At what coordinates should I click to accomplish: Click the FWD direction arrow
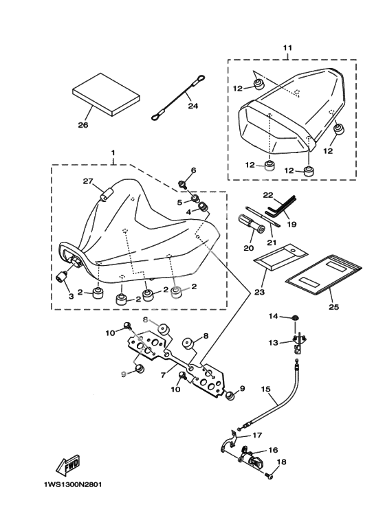68,463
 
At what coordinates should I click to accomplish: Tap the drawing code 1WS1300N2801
72,484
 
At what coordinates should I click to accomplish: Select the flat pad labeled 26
106,94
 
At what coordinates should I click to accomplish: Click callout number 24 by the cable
192,106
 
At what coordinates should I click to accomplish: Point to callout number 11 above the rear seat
287,48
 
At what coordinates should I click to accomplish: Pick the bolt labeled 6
183,185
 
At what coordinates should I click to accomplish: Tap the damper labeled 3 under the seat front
61,278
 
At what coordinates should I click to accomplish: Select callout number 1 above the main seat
113,153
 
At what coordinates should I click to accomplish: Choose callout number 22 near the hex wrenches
268,195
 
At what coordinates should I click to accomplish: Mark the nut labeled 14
296,317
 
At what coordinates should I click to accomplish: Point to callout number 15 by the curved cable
266,389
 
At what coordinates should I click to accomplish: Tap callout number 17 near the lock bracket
257,435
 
